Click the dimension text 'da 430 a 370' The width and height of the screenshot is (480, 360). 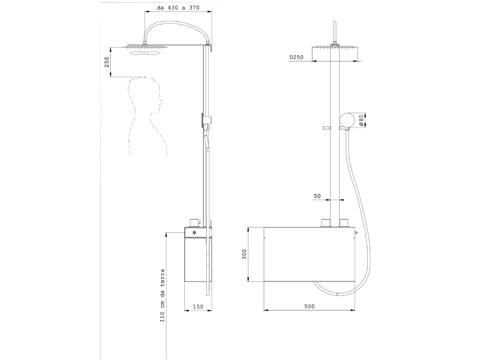pos(178,8)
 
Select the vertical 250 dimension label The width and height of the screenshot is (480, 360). pos(106,62)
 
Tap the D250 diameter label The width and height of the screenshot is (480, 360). pos(296,57)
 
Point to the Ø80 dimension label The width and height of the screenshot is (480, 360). pos(361,120)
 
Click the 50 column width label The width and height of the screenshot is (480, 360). pos(317,196)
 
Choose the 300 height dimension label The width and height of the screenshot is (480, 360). pos(244,254)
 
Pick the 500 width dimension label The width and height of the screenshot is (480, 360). pos(309,306)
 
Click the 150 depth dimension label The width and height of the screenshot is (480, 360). pos(198,307)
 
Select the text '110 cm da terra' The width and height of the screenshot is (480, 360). pos(162,296)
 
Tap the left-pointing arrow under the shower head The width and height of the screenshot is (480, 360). pos(136,53)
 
